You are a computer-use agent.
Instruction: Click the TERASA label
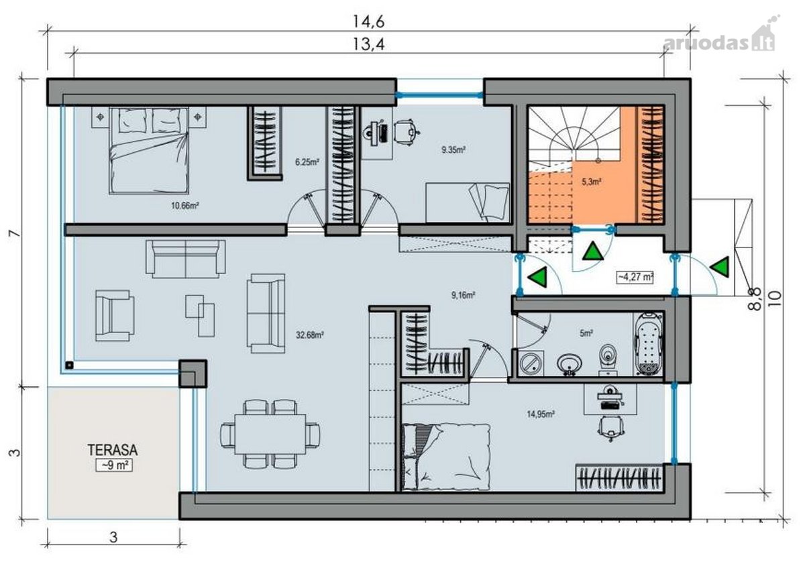click(x=113, y=450)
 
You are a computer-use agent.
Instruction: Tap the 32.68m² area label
click(x=310, y=335)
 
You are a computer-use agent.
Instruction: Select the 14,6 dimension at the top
click(x=368, y=21)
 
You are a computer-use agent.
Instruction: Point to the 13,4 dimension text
click(x=368, y=44)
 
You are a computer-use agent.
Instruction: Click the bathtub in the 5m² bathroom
click(x=649, y=344)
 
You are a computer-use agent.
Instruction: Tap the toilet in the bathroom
click(x=607, y=359)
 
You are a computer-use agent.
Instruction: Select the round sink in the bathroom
click(x=570, y=365)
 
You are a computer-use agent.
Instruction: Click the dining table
click(x=270, y=434)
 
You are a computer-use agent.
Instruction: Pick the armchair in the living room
click(x=115, y=316)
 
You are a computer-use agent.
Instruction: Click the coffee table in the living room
click(x=200, y=316)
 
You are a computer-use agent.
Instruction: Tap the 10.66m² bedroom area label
click(x=185, y=206)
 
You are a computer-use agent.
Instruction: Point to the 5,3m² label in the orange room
click(x=592, y=182)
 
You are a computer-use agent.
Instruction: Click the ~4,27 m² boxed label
click(x=635, y=278)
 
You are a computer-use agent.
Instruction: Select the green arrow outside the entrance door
click(x=720, y=267)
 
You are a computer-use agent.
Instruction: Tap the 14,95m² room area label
click(x=541, y=414)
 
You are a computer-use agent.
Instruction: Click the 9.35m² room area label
click(x=453, y=150)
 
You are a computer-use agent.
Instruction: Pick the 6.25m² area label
click(x=307, y=162)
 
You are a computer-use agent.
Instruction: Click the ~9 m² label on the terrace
click(x=114, y=465)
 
